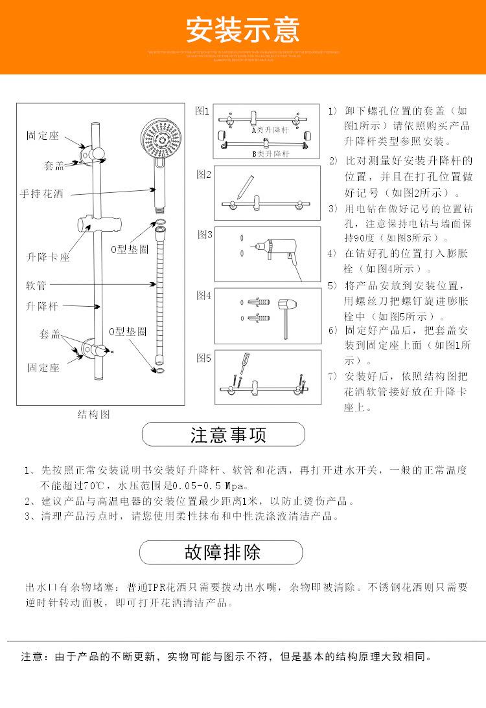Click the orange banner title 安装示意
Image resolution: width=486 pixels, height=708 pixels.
pyautogui.click(x=243, y=29)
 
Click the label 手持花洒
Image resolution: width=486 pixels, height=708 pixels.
pyautogui.click(x=42, y=194)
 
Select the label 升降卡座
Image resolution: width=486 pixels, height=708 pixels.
pyautogui.click(x=48, y=257)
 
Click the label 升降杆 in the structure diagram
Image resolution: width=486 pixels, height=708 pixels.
pyautogui.click(x=42, y=305)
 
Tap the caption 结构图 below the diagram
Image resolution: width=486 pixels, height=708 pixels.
pyautogui.click(x=93, y=414)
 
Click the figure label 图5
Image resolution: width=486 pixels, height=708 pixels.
pyautogui.click(x=204, y=357)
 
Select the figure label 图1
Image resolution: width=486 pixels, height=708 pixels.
pyautogui.click(x=203, y=111)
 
